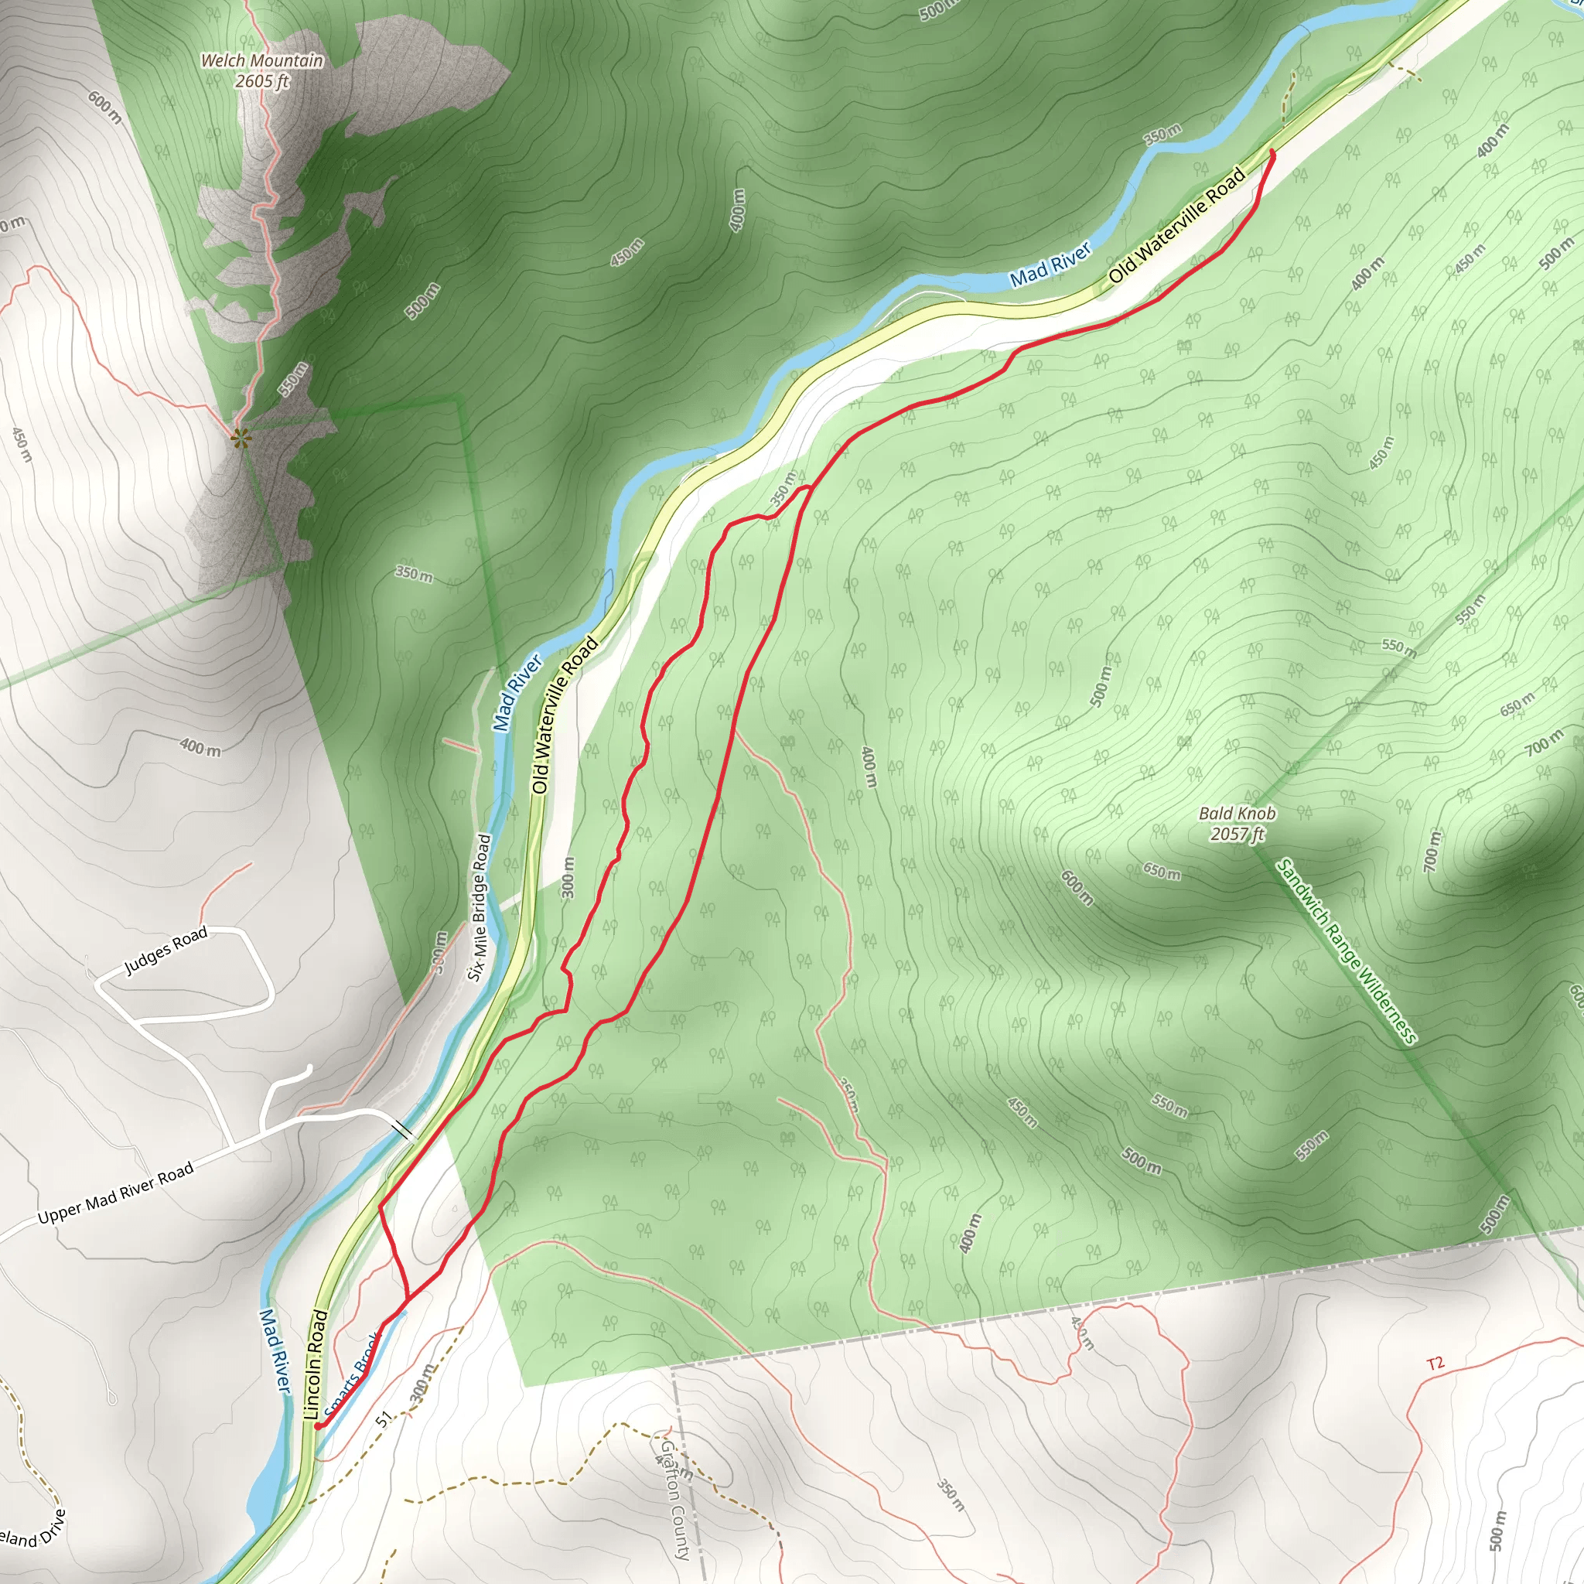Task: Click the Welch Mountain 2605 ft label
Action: (x=261, y=70)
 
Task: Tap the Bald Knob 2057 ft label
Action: (x=1237, y=823)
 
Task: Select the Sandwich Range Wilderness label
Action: (x=1347, y=951)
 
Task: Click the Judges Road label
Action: (x=166, y=952)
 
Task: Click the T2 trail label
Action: (x=1435, y=1364)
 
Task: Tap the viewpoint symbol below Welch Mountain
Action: (x=240, y=439)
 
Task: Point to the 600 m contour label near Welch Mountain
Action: (x=105, y=108)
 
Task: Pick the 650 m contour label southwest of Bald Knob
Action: (x=1162, y=872)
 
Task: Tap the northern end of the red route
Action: (x=1272, y=151)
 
